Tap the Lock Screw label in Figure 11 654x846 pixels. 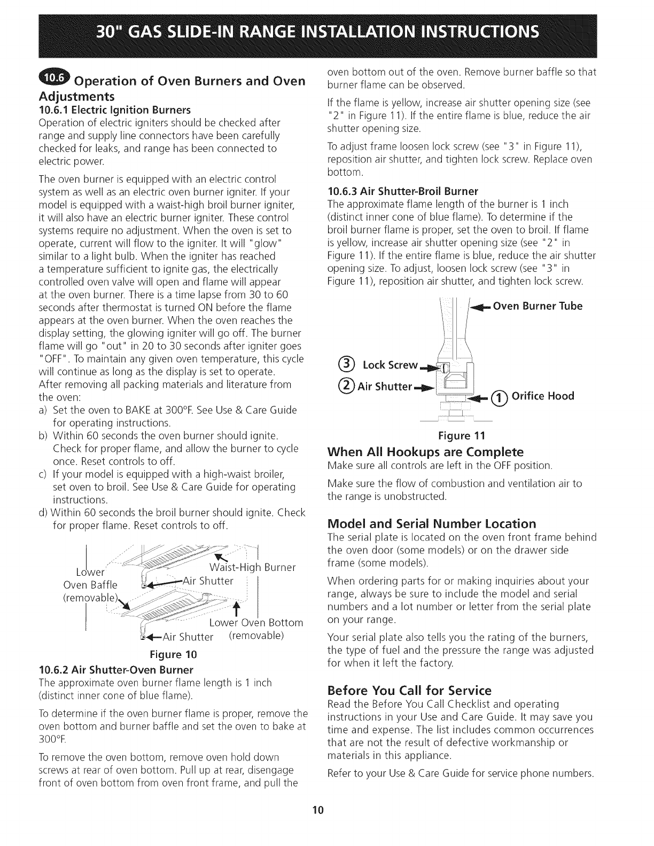coord(390,365)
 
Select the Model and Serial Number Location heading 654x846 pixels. coord(431,523)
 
